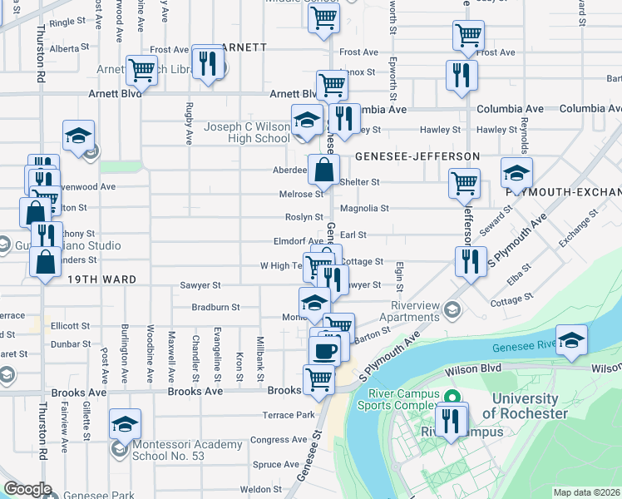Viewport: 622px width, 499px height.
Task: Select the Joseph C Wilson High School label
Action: [247, 132]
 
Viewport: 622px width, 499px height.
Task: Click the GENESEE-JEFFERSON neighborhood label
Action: [417, 156]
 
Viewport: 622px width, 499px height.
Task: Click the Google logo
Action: [27, 489]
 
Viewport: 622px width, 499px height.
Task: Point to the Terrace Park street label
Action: [289, 414]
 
